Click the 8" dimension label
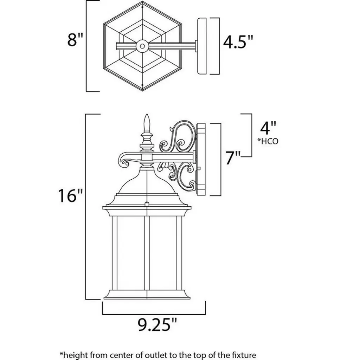(x=75, y=39)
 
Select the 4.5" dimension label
(x=238, y=42)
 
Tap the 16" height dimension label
(x=70, y=195)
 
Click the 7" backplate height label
(x=233, y=158)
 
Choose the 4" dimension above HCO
(x=268, y=128)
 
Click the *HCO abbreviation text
(x=268, y=141)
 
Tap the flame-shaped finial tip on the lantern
(x=147, y=122)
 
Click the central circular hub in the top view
(x=142, y=46)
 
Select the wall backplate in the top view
(x=202, y=46)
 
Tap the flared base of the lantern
(x=147, y=295)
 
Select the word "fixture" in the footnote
(x=245, y=355)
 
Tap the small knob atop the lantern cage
(x=147, y=204)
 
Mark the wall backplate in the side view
(x=201, y=160)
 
